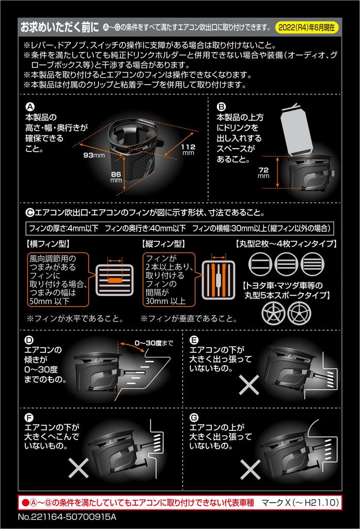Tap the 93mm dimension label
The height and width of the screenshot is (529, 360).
[94, 155]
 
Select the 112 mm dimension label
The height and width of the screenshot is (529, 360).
[189, 149]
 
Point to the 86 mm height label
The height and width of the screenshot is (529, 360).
[116, 177]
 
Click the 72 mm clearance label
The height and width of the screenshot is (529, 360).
[263, 173]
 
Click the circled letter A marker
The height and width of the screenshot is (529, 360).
[30, 107]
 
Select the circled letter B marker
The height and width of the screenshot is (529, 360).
[221, 107]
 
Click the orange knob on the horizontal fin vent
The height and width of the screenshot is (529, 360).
[115, 281]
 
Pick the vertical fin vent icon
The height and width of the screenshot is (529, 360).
[218, 280]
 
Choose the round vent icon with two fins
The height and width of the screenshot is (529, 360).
[260, 264]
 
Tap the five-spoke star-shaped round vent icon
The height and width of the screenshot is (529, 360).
[273, 313]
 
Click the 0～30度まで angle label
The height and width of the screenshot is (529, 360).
[154, 343]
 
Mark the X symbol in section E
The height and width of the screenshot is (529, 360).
[249, 384]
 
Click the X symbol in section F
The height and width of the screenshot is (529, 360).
[79, 468]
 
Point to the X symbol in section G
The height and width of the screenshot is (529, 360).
[250, 469]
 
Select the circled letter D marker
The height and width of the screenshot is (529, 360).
[29, 340]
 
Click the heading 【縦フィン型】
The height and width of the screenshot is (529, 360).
[164, 244]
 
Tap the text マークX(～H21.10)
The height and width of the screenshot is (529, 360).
[300, 503]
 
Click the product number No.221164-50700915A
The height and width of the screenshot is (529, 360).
[67, 517]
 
